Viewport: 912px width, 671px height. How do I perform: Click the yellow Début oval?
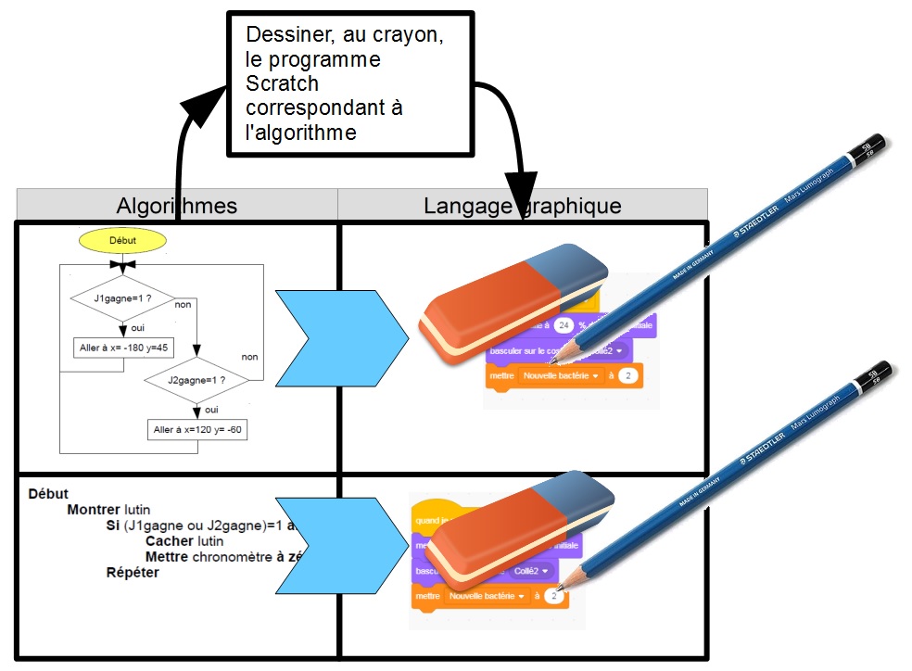tap(122, 240)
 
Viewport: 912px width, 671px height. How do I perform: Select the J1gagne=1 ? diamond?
tap(122, 299)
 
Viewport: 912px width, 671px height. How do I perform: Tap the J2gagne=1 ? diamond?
tap(196, 380)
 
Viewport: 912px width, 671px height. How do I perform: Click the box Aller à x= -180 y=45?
tap(122, 348)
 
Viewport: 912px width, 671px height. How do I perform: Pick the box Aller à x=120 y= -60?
tap(197, 430)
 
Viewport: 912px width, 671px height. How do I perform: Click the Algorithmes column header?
tap(176, 205)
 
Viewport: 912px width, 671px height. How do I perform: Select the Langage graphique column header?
tap(522, 205)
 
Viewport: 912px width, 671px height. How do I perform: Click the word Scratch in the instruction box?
tap(282, 84)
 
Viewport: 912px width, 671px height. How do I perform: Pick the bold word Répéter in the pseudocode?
tap(133, 573)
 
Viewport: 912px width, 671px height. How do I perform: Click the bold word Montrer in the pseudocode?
tap(94, 510)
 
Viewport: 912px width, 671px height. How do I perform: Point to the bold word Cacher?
tap(171, 541)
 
